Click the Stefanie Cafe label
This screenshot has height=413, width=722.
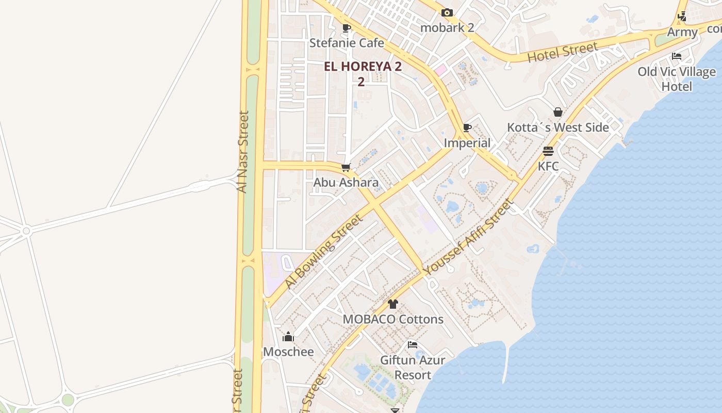pyautogui.click(x=347, y=43)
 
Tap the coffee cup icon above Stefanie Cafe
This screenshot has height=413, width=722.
pyautogui.click(x=347, y=28)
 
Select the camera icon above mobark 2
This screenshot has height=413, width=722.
pyautogui.click(x=447, y=12)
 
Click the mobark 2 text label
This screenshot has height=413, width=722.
pyautogui.click(x=447, y=27)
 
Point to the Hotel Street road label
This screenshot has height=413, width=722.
pyautogui.click(x=563, y=52)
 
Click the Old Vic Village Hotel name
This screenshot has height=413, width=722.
pyautogui.click(x=677, y=79)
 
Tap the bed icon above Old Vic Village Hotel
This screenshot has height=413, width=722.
pyautogui.click(x=677, y=56)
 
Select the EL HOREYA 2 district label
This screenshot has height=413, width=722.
pyautogui.click(x=363, y=67)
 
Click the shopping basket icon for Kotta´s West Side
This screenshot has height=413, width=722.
pyautogui.click(x=558, y=112)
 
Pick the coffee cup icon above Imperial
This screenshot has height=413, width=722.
pyautogui.click(x=467, y=128)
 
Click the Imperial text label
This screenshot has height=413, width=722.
pyautogui.click(x=467, y=143)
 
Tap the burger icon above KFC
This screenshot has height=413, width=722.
pyautogui.click(x=548, y=151)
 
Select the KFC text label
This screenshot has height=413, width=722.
pyautogui.click(x=548, y=166)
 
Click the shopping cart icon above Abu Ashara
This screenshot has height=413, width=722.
pyautogui.click(x=346, y=167)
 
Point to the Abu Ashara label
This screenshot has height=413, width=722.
pyautogui.click(x=346, y=182)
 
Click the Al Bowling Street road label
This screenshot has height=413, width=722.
pyautogui.click(x=324, y=251)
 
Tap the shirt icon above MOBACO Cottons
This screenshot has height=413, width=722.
pyautogui.click(x=393, y=304)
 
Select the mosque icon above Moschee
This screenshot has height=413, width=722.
pyautogui.click(x=288, y=337)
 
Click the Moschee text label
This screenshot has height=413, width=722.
pyautogui.click(x=288, y=352)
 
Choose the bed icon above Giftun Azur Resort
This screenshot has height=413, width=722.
pyautogui.click(x=412, y=345)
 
